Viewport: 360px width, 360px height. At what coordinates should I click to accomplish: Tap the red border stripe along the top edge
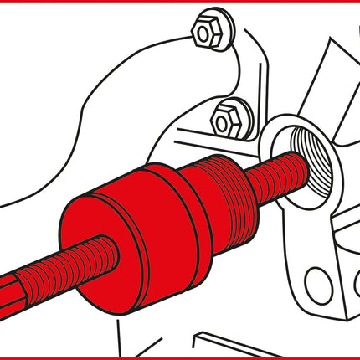[x=180, y=3]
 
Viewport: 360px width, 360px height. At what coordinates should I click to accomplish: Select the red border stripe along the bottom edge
[x=180, y=357]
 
